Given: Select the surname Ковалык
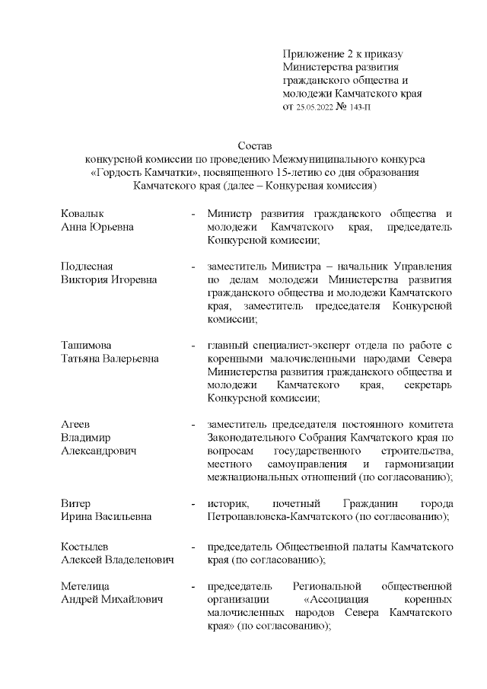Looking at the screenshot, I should click(x=82, y=213).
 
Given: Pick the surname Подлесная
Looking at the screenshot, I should click(x=87, y=266).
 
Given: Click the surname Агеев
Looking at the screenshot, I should click(x=76, y=424).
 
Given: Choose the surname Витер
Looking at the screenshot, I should click(x=75, y=504).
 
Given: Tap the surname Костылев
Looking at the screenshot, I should click(x=84, y=547).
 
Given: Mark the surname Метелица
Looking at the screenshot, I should click(x=85, y=586).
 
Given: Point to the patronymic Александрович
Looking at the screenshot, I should click(x=98, y=451).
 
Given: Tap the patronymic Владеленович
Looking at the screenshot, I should click(x=137, y=560).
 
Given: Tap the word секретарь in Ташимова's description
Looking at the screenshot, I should click(x=428, y=385).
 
